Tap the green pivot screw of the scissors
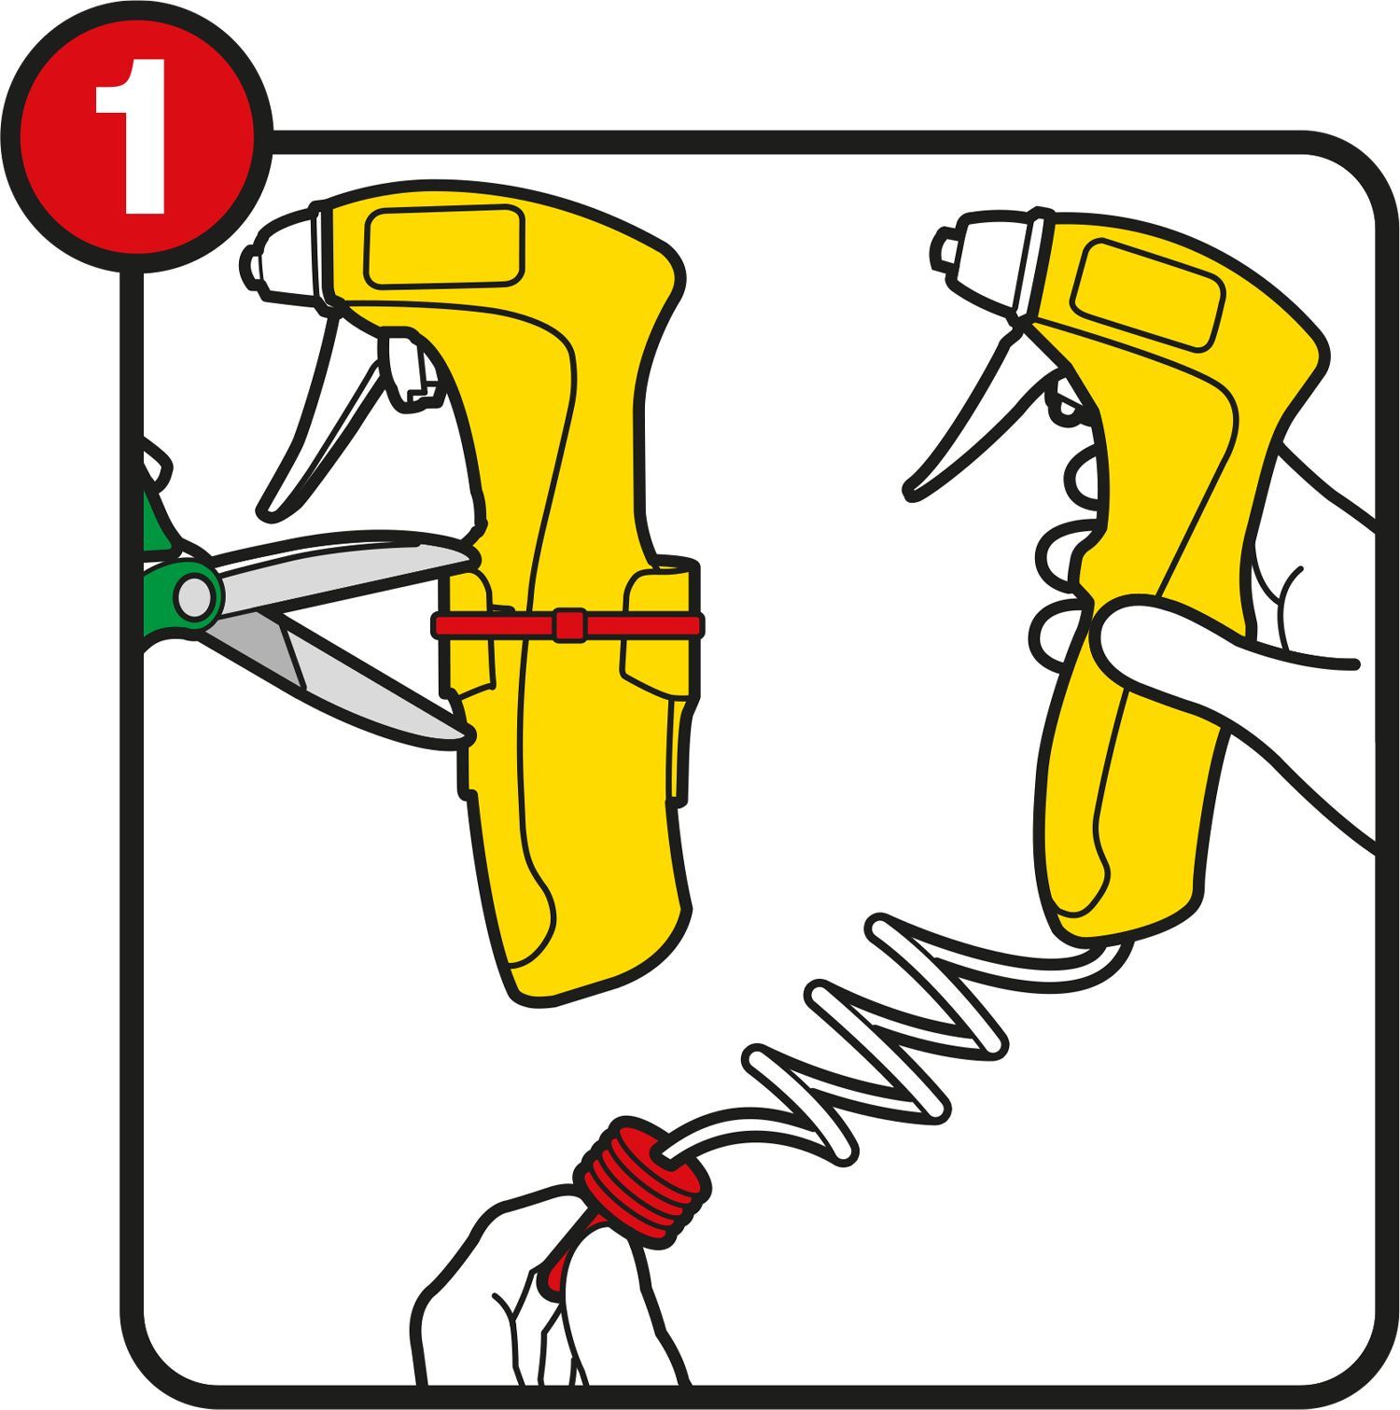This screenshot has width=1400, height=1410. click(x=195, y=595)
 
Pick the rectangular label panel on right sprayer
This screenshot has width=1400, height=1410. click(x=1147, y=295)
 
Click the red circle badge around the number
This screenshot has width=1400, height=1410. click(x=135, y=136)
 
